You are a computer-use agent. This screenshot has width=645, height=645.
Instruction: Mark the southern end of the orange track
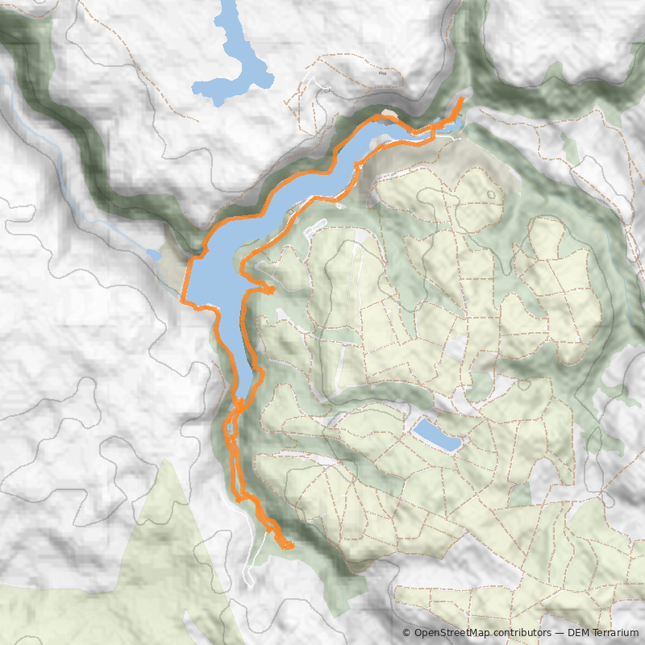pos(289,547)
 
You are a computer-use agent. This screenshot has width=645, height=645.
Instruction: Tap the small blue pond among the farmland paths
pos(437,435)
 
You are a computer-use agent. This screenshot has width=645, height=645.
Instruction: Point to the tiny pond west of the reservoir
pos(153,255)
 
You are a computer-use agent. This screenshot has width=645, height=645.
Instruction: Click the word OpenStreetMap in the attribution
pos(452,633)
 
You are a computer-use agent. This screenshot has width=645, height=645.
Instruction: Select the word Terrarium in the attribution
pos(614,633)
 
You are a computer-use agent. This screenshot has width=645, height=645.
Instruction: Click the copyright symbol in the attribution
pos(406,633)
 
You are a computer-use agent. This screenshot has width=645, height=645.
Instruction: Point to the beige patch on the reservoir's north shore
pos(388,114)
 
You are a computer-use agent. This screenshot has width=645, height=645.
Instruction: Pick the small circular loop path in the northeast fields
pos(492,194)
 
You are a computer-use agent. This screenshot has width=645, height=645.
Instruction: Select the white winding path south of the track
pos(248,556)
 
